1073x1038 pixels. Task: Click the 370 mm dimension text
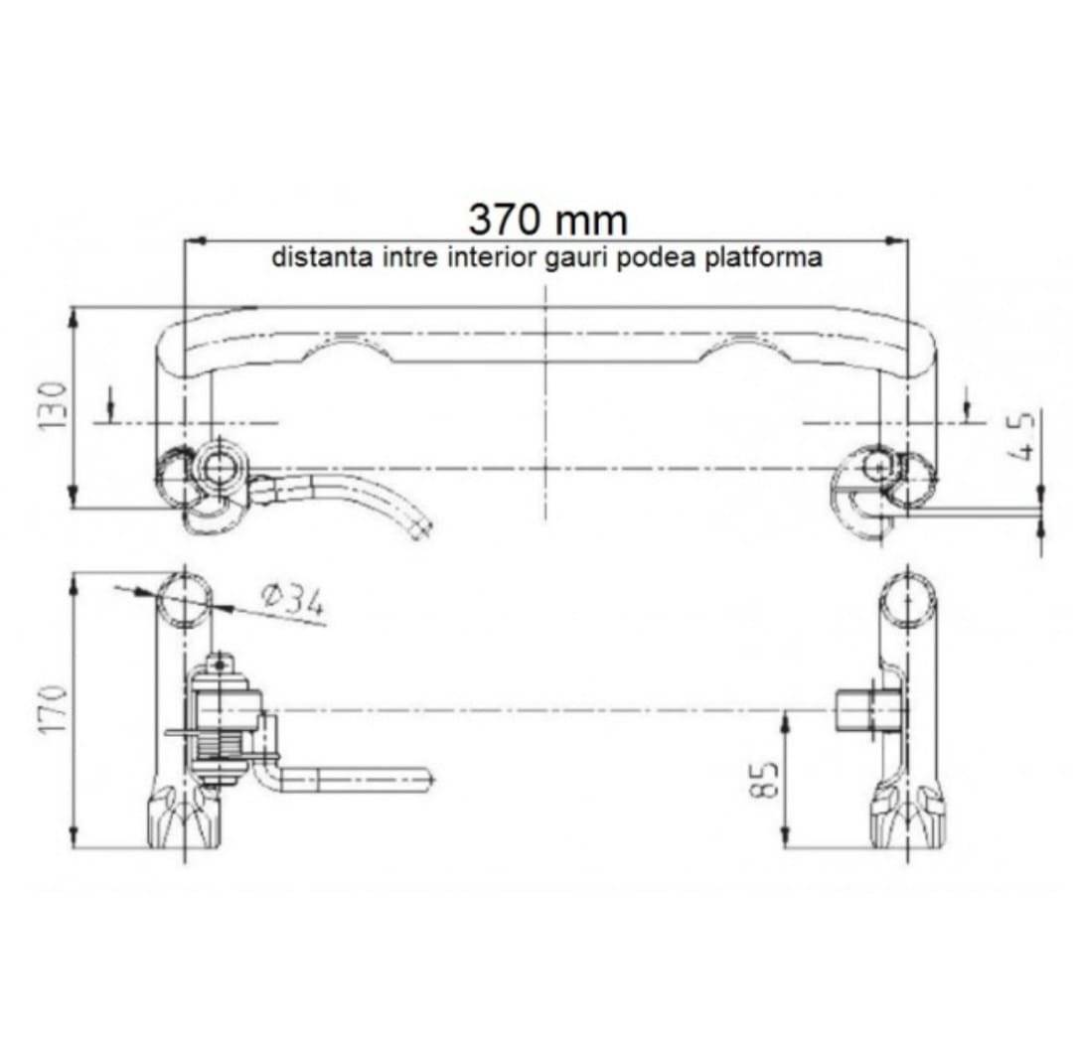[x=547, y=220]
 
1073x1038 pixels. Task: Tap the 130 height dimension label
[x=53, y=405]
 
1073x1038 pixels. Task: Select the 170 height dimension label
[x=53, y=709]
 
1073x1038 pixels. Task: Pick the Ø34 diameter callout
[x=293, y=600]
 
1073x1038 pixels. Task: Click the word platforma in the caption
[x=764, y=258]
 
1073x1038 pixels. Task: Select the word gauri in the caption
[x=577, y=258]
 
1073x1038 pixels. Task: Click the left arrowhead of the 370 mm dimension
[x=196, y=240]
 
